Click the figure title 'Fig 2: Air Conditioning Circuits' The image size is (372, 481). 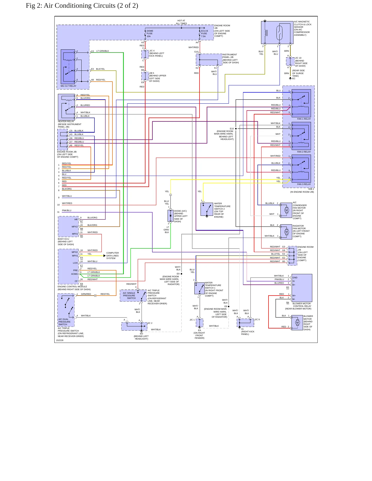tap(71, 6)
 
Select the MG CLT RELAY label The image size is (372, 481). tap(68, 86)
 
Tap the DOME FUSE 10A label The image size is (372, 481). tap(150, 33)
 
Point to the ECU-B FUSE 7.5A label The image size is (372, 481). tap(204, 33)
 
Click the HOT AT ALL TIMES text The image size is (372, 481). tap(181, 22)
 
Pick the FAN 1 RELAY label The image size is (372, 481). tap(304, 119)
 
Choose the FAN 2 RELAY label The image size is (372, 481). tap(304, 152)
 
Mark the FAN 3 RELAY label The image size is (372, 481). tap(304, 184)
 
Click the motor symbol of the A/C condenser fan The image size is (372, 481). tap(287, 210)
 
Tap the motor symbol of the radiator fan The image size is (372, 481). tap(287, 232)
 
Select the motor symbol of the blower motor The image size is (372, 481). tap(298, 323)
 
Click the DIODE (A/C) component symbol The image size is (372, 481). tap(170, 216)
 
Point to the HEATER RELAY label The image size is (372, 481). tap(66, 121)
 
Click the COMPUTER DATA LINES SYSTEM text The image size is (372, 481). tap(113, 256)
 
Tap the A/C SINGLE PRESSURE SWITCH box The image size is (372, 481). tap(133, 296)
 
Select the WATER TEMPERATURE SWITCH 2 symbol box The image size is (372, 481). tap(207, 209)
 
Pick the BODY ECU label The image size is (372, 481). tap(63, 239)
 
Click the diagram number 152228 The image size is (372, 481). tap(60, 340)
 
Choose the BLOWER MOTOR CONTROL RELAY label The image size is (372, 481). tap(302, 305)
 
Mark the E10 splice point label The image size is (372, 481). tap(232, 129)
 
